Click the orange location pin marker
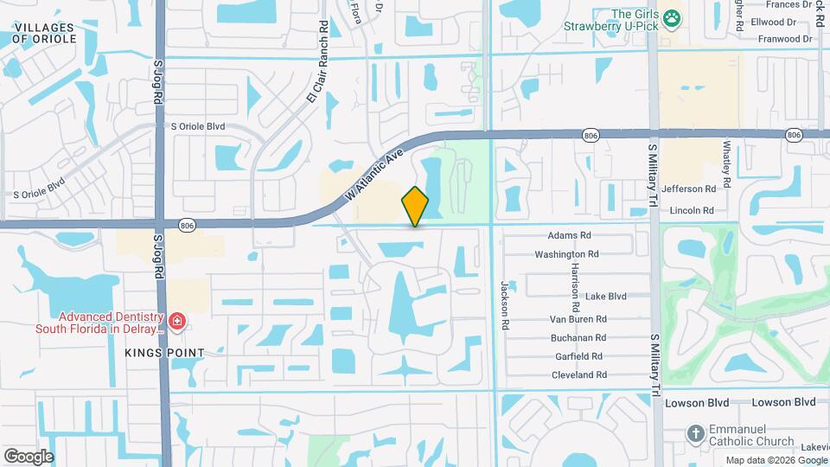(416, 207)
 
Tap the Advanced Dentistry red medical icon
(177, 323)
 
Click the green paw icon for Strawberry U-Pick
(672, 16)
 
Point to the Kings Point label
(163, 353)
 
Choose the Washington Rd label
(566, 254)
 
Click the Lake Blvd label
(605, 296)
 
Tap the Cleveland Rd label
(578, 374)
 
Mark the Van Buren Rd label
(578, 318)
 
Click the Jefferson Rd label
(688, 189)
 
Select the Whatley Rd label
(727, 165)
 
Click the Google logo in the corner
(28, 456)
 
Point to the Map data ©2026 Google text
(776, 459)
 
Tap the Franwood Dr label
(785, 39)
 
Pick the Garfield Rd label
(578, 356)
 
